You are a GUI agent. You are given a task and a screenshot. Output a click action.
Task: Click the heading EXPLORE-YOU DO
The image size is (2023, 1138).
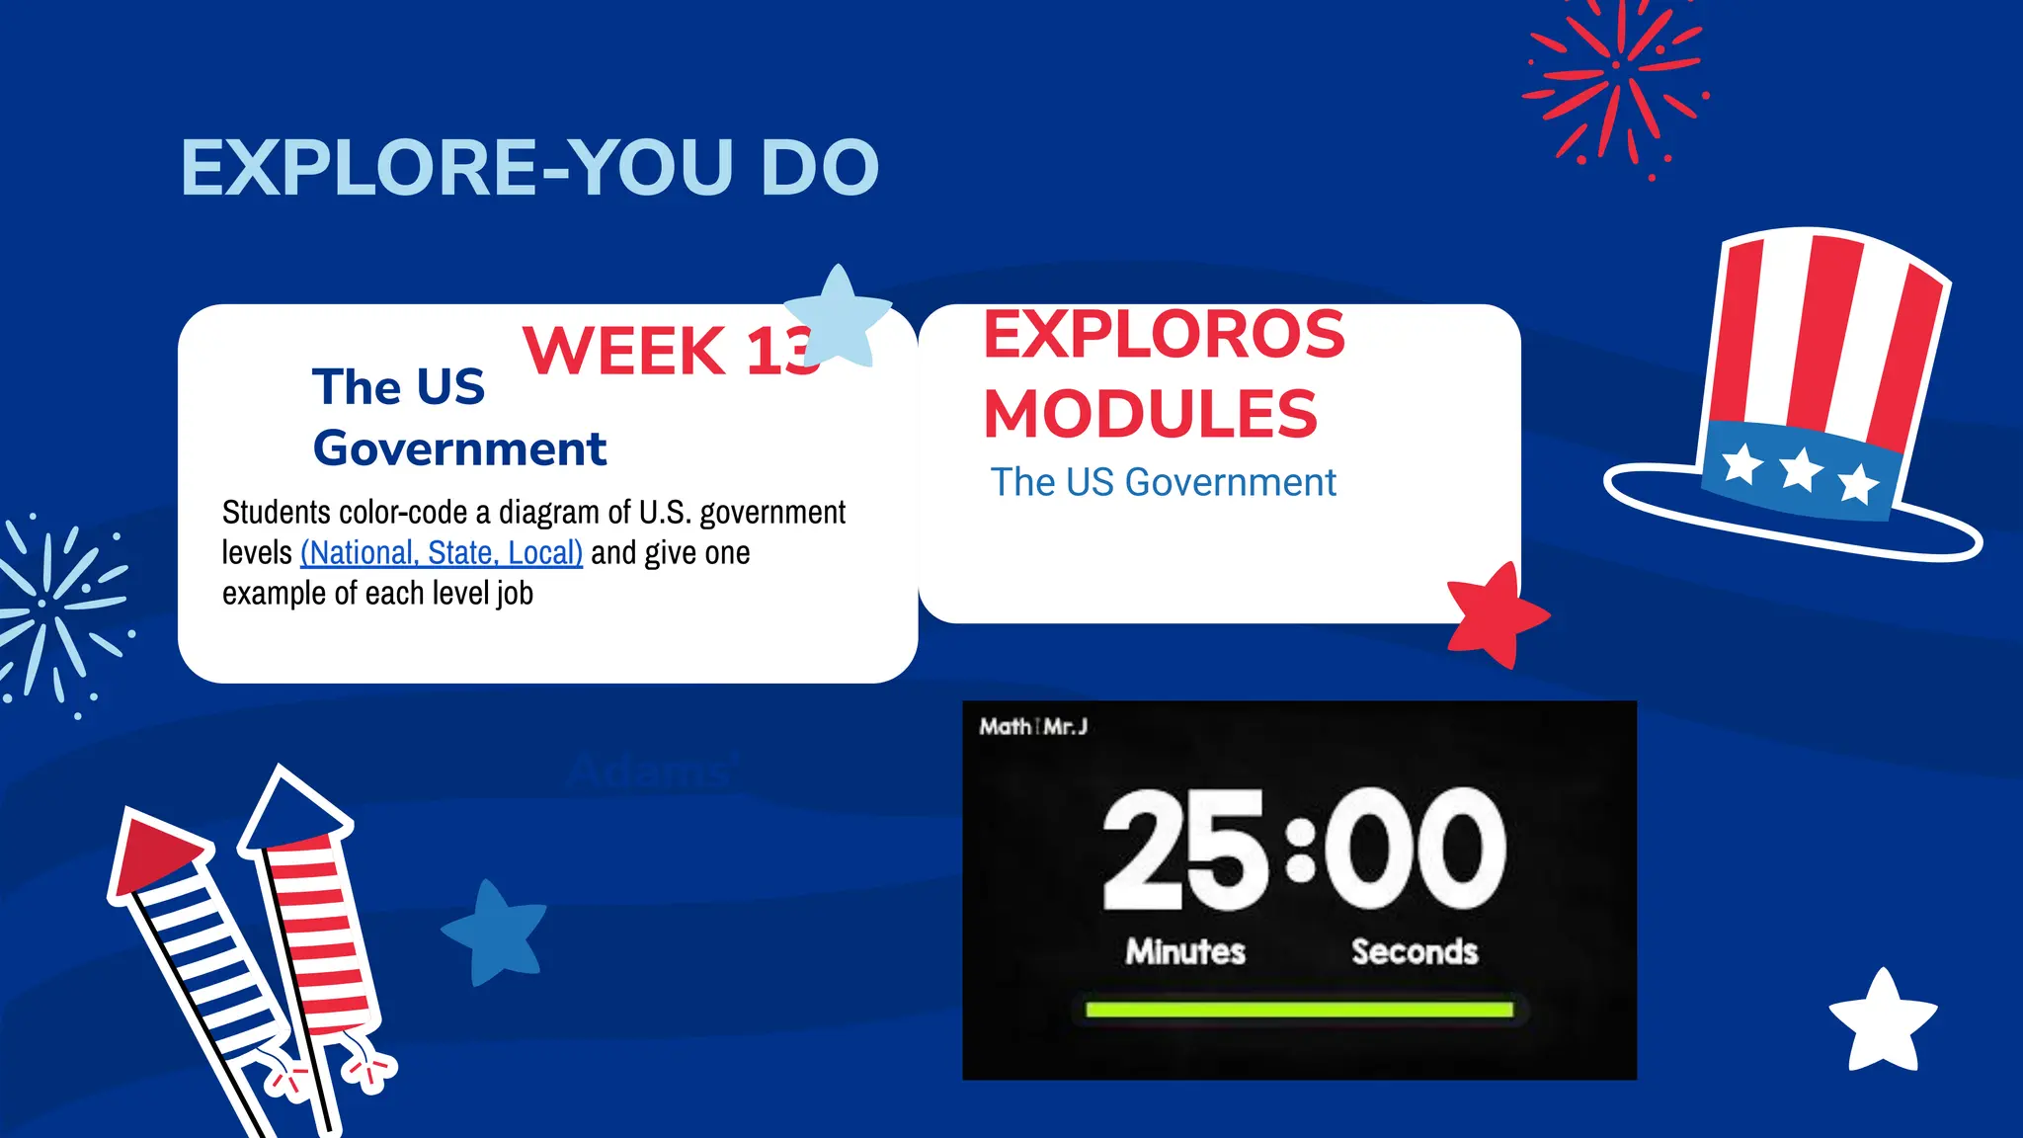(x=529, y=168)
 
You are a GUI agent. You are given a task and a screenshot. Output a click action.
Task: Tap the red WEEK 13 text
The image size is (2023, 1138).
(x=670, y=351)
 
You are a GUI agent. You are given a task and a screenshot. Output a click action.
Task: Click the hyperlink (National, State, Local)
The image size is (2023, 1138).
(x=442, y=552)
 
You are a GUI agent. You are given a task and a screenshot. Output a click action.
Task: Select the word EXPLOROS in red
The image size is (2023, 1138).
(x=1164, y=334)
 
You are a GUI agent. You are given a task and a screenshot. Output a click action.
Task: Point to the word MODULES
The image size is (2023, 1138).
(x=1150, y=413)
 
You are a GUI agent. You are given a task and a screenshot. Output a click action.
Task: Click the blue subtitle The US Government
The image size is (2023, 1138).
(x=1163, y=482)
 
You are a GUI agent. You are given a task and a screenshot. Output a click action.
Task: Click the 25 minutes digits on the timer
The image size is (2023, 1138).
(x=1183, y=850)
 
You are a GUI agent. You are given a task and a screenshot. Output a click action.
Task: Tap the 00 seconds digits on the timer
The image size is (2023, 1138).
(x=1415, y=850)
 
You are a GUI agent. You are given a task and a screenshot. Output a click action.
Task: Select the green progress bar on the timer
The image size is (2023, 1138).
(x=1299, y=1010)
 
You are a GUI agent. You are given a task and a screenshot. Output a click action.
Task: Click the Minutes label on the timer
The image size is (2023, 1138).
(x=1185, y=951)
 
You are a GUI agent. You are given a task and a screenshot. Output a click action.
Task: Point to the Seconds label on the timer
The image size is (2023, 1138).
(x=1415, y=951)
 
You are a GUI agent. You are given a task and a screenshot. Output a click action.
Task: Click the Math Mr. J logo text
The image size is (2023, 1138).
(x=1033, y=727)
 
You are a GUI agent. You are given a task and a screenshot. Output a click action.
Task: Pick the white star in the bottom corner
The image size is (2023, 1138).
(x=1883, y=1023)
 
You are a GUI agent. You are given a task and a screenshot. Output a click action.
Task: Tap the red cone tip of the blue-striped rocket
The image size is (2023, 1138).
(x=153, y=852)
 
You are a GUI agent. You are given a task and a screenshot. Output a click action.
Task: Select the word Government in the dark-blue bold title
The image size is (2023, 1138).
(x=459, y=448)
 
